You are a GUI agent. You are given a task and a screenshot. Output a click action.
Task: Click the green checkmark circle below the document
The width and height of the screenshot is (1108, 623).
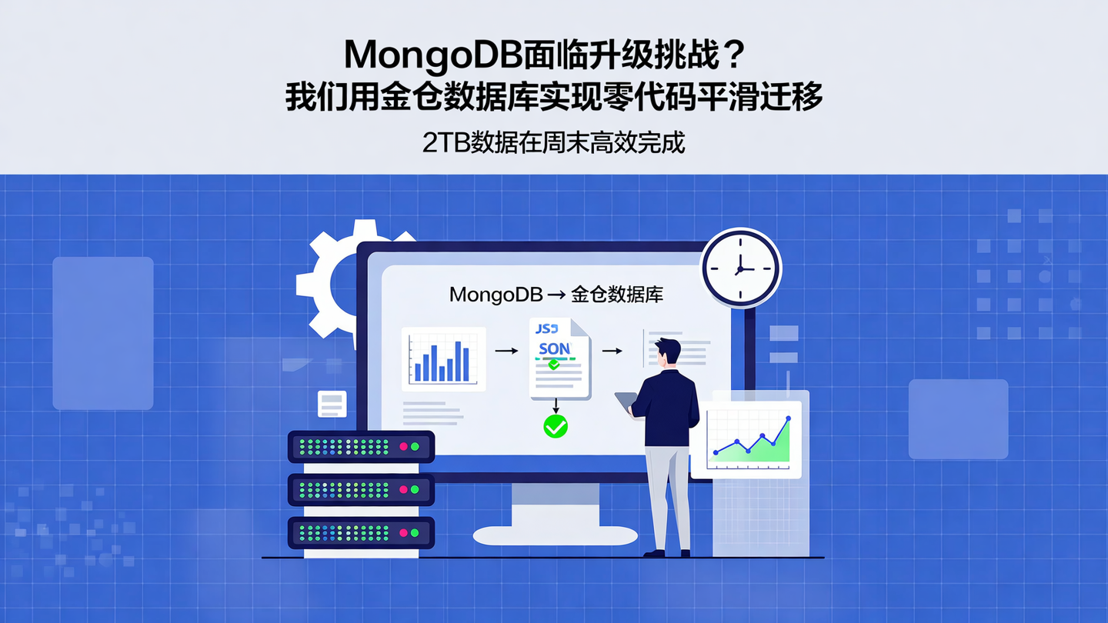pos(555,425)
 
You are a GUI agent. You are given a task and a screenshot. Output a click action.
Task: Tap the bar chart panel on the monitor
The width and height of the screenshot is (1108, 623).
pos(443,359)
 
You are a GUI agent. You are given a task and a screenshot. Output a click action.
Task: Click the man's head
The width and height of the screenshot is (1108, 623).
pos(667,352)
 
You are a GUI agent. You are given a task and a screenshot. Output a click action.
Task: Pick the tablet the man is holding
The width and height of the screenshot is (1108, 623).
pos(626,401)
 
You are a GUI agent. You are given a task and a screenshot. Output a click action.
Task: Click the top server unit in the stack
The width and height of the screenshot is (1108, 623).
pos(361,446)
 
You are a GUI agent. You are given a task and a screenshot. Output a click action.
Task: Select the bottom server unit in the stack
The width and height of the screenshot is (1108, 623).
pos(361,532)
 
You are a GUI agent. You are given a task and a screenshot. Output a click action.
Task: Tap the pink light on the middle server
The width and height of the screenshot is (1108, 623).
pos(402,489)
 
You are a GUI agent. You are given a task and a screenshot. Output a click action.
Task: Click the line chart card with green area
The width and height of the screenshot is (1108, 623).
pos(746,439)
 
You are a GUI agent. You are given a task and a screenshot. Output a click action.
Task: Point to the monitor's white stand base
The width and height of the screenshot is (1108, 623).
pos(555,535)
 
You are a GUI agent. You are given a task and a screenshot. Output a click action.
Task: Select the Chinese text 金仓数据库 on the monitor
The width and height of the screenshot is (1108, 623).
pos(617,295)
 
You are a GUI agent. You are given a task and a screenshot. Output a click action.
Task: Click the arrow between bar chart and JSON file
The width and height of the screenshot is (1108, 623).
pos(506,351)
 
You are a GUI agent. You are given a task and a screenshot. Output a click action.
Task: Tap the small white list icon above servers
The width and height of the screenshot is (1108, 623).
pos(332,404)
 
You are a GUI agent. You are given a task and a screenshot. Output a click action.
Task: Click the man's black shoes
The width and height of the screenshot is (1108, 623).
pos(666,552)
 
